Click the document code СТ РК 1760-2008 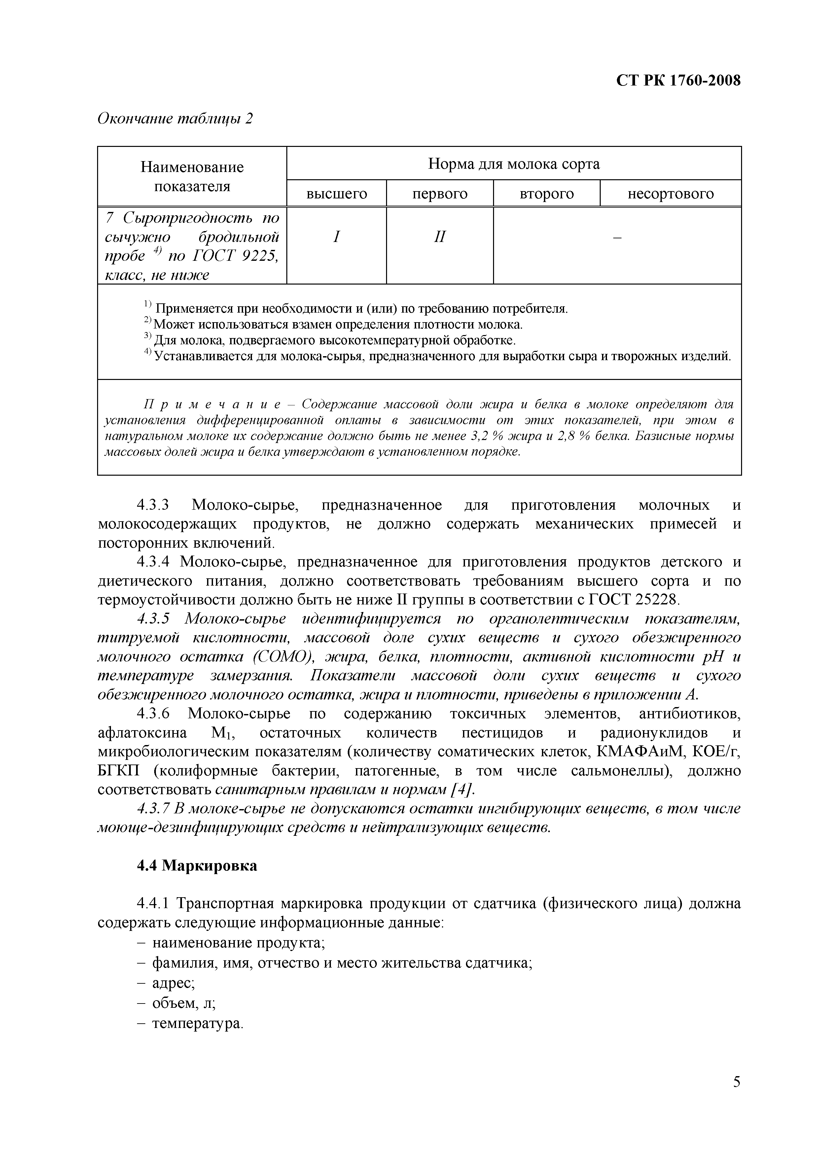(678, 81)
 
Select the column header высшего (337, 194)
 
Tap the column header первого (440, 194)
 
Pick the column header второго (547, 194)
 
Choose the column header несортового (670, 194)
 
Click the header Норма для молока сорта (514, 164)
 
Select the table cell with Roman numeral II (440, 237)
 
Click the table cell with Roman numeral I (337, 237)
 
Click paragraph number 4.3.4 (152, 562)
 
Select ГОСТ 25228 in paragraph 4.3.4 (635, 600)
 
